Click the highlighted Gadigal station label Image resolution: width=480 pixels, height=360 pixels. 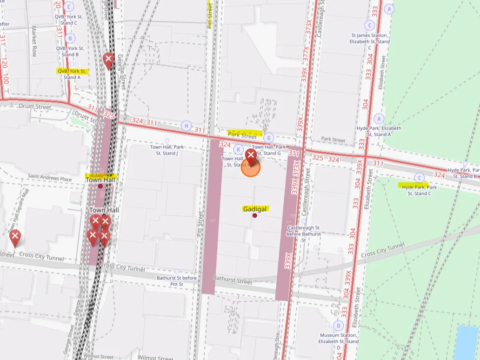pos(255,209)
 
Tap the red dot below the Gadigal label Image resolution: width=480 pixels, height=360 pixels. pos(255,215)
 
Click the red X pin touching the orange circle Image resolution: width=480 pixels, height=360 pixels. pos(251,156)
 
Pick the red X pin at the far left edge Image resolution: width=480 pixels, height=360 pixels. pos(15,237)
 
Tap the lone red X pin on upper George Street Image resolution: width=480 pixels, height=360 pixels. pos(108,60)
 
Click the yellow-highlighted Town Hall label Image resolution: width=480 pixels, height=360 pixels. pos(100,180)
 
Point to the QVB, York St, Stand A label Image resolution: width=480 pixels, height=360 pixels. pos(72,74)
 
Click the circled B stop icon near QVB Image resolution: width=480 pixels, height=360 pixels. pos(70,38)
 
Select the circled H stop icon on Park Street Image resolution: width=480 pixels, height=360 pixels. pos(187,126)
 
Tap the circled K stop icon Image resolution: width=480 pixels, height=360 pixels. pos(238,149)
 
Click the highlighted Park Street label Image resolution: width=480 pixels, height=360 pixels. pos(243,135)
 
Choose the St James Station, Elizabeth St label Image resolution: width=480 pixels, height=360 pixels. pos(370,38)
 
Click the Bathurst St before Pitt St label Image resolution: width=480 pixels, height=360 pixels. pos(176,281)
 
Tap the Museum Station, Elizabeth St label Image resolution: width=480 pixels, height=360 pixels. pos(338,338)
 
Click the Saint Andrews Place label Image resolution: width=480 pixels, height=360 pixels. pos(50,178)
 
